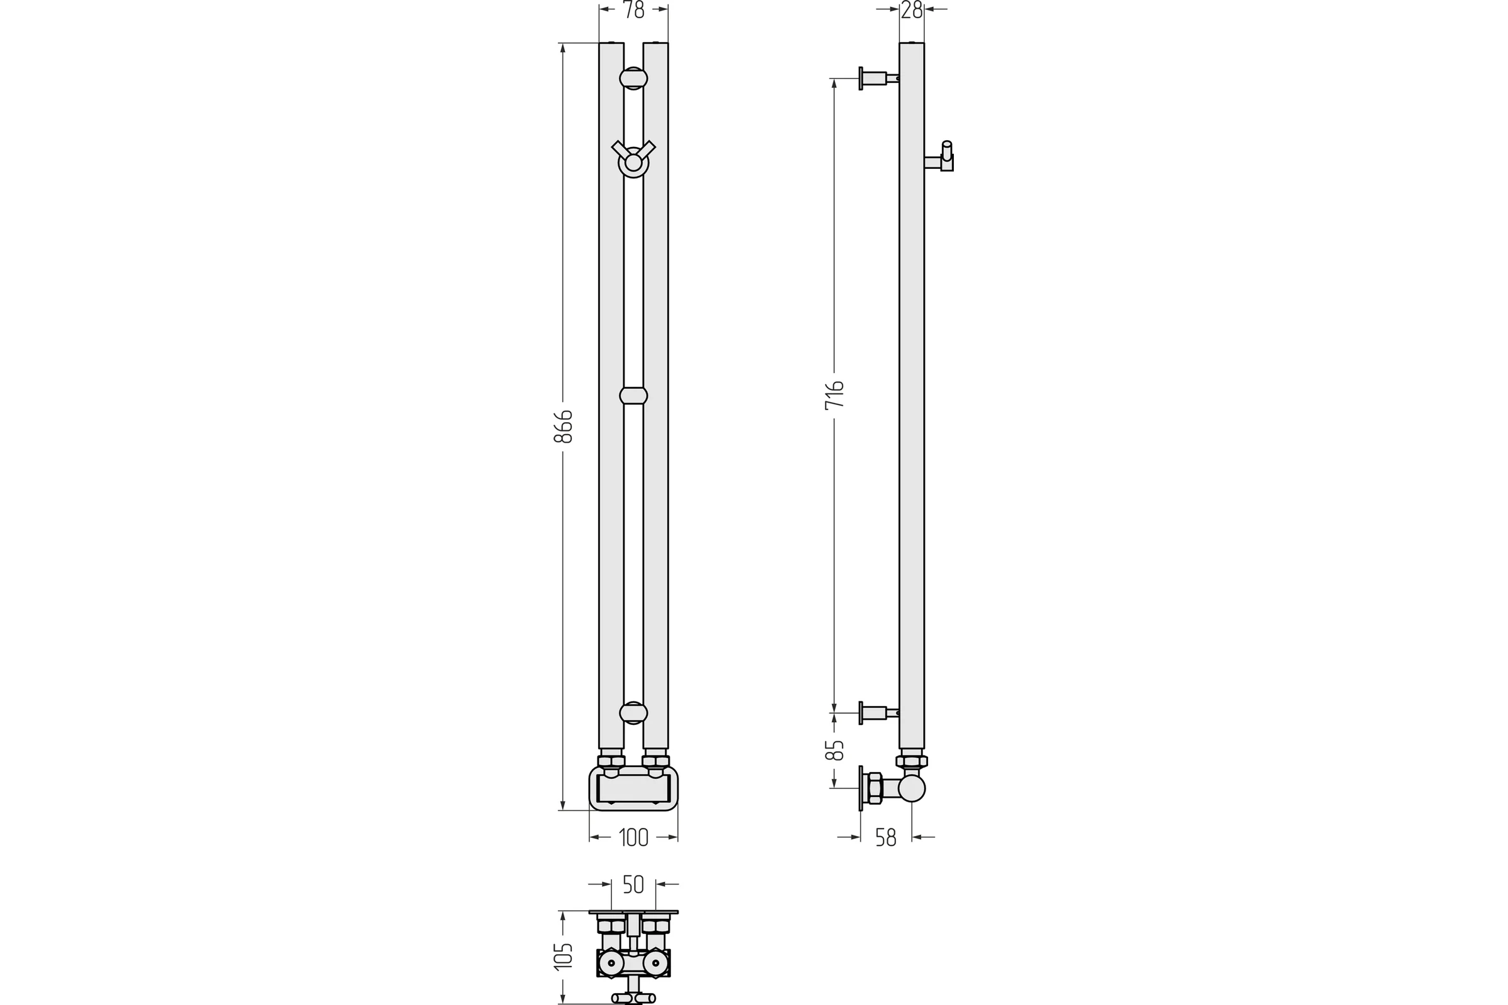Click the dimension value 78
[x=633, y=10]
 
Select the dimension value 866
[x=563, y=426]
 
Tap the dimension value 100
[x=633, y=838]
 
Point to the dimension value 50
[x=633, y=884]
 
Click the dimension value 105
[x=563, y=957]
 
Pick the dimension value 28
[x=911, y=10]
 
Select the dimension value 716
[x=834, y=395]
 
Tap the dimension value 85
[x=834, y=751]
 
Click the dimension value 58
[x=885, y=838]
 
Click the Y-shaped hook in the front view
[x=633, y=158]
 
